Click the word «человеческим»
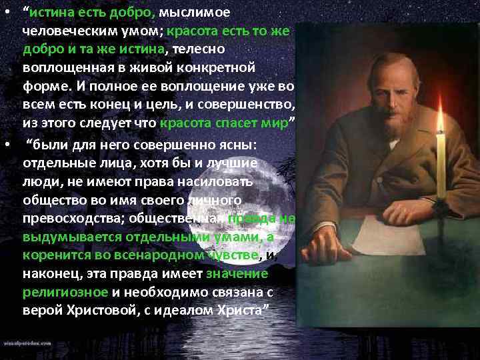pyautogui.click(x=62, y=31)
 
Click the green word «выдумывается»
pyautogui.click(x=67, y=236)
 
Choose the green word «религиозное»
pyautogui.click(x=65, y=292)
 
